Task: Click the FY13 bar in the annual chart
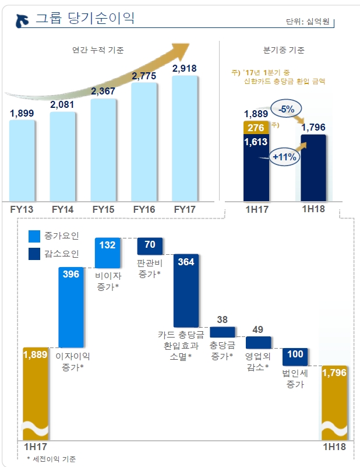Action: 22,160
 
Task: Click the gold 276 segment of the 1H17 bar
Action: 256,127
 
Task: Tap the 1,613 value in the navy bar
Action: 256,141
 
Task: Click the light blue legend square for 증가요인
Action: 34,236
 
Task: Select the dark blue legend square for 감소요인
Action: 34,254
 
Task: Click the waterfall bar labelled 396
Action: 73,307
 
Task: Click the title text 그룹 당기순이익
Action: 85,19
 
